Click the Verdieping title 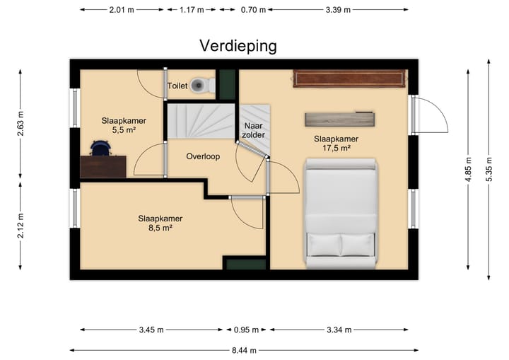point(238,47)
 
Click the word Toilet point(177,86)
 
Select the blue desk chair point(101,149)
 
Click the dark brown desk point(103,167)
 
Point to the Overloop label point(203,156)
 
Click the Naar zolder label point(254,130)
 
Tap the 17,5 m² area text point(337,149)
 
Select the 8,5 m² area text point(160,228)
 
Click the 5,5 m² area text point(124,130)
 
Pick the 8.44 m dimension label point(244,351)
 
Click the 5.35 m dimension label point(489,169)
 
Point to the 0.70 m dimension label point(253,10)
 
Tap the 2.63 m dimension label point(21,124)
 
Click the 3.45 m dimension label point(151,330)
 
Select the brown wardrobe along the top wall point(349,79)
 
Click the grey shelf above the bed point(340,120)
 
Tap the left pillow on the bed point(324,245)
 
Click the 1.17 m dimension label point(192,10)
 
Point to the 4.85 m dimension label point(469,169)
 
